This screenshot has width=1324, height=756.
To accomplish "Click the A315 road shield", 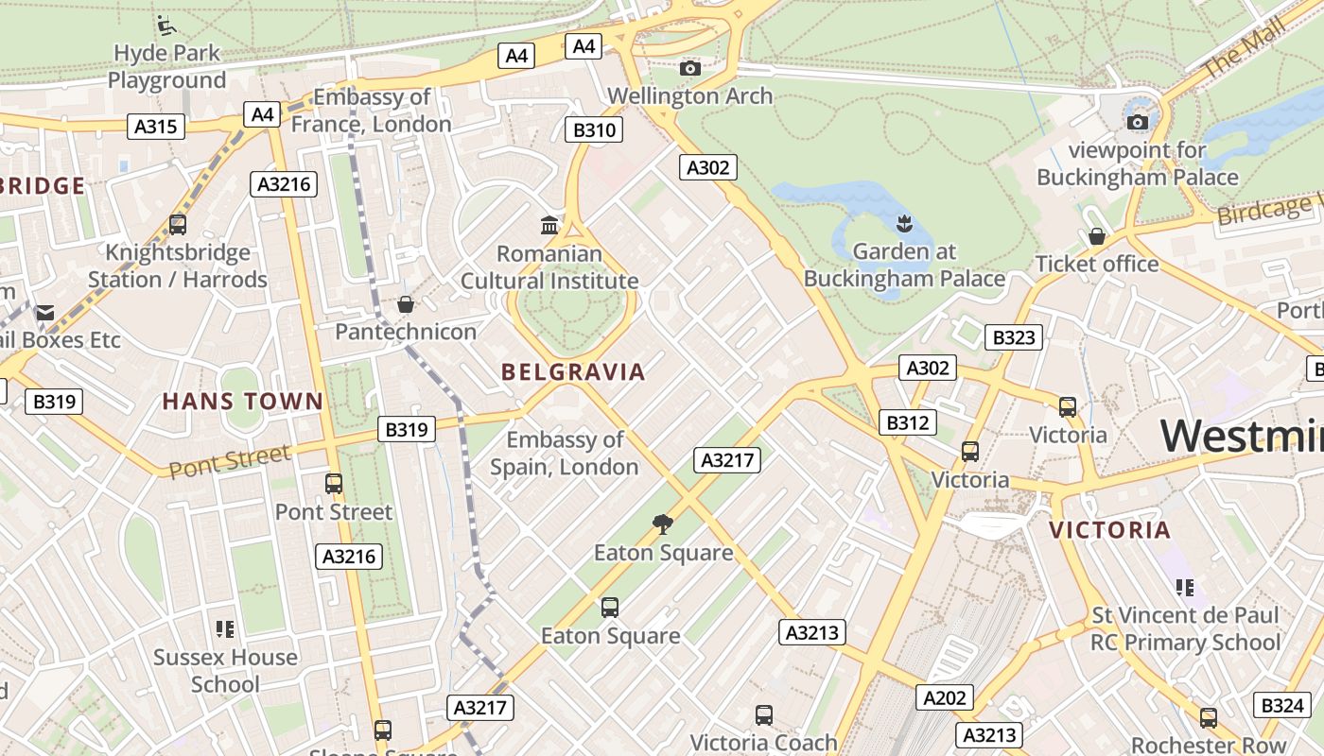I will (156, 127).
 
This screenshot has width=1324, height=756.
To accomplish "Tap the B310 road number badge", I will (595, 129).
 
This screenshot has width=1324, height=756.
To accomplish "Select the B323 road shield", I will (1013, 337).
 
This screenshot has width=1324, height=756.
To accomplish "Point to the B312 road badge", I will (907, 422).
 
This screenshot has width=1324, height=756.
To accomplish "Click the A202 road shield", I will (945, 698).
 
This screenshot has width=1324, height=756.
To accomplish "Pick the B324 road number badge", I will (1282, 705).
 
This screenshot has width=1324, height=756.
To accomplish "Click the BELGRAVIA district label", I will (573, 372).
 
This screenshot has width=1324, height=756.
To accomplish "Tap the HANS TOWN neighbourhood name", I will (243, 402).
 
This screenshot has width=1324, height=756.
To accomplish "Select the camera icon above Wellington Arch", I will (690, 68).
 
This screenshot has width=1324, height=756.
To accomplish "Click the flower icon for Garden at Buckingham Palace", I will (904, 224).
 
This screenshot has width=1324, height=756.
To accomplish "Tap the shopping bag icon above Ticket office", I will (1097, 236).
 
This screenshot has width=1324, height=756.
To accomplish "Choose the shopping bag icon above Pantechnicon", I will (406, 304).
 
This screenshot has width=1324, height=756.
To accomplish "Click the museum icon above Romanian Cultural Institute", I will (549, 226).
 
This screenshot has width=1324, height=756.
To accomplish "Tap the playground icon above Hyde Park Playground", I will (166, 25).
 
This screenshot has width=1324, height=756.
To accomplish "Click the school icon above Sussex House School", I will (225, 628).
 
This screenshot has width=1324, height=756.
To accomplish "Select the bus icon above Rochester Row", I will (1209, 717).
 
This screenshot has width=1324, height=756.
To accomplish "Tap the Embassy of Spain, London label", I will (565, 453).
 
